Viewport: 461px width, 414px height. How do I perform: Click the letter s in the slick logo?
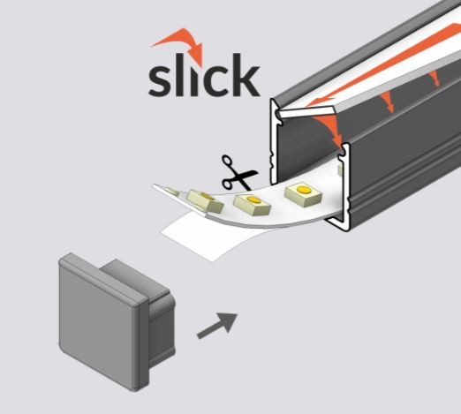click(160, 80)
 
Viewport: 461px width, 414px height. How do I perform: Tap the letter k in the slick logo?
click(246, 75)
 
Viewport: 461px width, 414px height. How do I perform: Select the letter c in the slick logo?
click(217, 80)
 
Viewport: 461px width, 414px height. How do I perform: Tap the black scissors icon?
click(239, 173)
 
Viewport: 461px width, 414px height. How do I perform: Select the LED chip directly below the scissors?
click(252, 204)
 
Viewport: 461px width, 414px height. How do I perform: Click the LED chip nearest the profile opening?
click(303, 193)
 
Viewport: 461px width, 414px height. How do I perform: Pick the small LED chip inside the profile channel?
click(340, 170)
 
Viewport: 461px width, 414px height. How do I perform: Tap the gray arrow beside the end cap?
click(217, 326)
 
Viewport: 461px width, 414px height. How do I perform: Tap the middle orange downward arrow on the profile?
click(387, 102)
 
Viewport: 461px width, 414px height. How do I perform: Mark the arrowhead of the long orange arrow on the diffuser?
click(321, 102)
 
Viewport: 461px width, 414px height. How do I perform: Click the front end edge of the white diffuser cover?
click(306, 112)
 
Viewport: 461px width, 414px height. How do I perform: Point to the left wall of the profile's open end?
click(273, 141)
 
